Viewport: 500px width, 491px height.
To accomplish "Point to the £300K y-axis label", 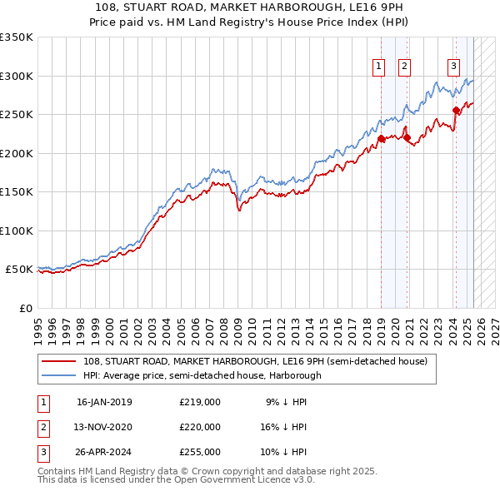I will click(17, 76).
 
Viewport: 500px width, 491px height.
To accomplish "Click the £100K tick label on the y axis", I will click(17, 231).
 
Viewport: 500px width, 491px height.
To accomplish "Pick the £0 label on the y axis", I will click(24, 308).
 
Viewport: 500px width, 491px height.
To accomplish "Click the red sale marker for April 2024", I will click(456, 110).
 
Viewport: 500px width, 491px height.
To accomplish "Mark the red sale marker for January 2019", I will click(381, 138).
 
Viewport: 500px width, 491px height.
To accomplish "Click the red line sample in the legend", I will click(59, 361).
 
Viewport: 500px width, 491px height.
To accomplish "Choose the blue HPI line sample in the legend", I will click(59, 375).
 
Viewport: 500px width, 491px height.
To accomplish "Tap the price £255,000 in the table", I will click(200, 452).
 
